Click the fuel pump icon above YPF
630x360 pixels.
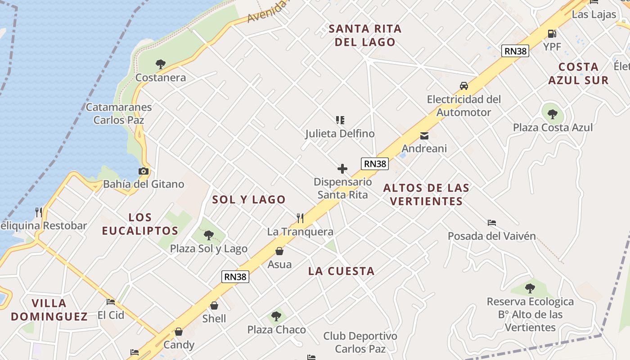point(552,33)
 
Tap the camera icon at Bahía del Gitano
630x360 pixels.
point(144,171)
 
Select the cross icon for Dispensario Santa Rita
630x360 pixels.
point(342,169)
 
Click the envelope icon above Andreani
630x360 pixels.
point(424,135)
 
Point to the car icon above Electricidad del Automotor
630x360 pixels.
point(463,86)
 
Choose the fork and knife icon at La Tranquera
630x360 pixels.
point(300,218)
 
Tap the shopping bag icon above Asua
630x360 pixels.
point(279,251)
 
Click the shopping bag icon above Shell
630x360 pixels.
point(214,306)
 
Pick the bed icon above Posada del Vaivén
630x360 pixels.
point(492,223)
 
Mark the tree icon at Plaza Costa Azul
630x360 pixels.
point(553,114)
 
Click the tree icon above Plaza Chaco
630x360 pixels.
point(276,316)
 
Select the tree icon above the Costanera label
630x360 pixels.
point(160,64)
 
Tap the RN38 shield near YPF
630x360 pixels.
point(515,51)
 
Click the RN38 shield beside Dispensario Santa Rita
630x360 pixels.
point(375,164)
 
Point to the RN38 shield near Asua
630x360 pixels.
point(235,277)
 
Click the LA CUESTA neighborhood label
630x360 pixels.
point(341,271)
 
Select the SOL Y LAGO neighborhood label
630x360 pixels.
point(249,199)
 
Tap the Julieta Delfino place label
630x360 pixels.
point(340,134)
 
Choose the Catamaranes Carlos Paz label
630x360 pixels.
point(119,113)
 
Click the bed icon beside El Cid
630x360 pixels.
point(111,302)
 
